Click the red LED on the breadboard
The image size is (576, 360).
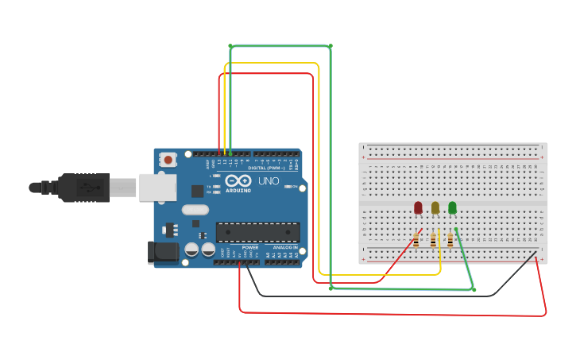(x=418, y=207)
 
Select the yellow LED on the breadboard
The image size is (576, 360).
(x=435, y=207)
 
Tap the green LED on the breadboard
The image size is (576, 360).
(x=452, y=207)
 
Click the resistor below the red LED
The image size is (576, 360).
(x=416, y=239)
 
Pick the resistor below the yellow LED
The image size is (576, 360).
(x=433, y=239)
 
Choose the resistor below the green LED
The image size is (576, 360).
(x=450, y=239)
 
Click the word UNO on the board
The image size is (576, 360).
(x=269, y=182)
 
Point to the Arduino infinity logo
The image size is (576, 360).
(x=238, y=182)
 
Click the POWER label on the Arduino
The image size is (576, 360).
(x=250, y=247)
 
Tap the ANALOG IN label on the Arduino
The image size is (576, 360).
(x=285, y=247)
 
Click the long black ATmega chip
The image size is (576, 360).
(x=258, y=232)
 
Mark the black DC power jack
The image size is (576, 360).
(x=164, y=253)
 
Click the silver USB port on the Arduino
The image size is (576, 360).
(x=157, y=188)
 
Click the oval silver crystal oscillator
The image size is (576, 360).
(x=195, y=210)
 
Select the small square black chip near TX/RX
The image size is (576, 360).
(x=197, y=191)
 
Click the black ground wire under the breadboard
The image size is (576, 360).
(x=381, y=296)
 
